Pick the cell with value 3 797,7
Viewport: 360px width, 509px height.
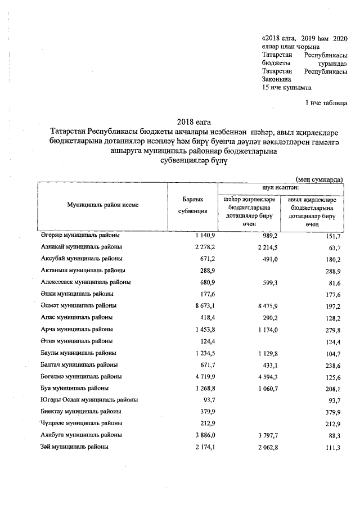tap(264, 435)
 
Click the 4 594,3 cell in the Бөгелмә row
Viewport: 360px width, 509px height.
tap(264, 376)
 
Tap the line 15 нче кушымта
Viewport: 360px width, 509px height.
tap(287, 88)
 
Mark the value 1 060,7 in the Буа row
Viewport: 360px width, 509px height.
tap(264, 388)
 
